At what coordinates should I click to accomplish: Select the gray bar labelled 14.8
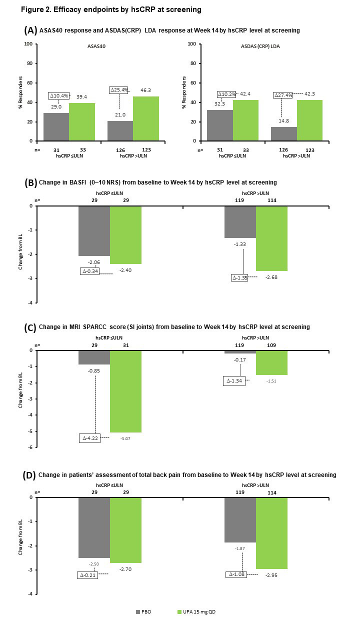pos(283,134)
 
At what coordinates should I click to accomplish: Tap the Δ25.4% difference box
pos(119,90)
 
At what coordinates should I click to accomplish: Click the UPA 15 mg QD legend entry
pos(197,611)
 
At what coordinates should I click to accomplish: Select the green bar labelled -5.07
pos(125,391)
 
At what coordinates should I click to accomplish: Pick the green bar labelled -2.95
pos(271,533)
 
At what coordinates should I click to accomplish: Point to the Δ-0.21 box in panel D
pos(88,575)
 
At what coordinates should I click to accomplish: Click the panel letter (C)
pos(29,328)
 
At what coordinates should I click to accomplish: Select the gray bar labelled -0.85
pos(94,357)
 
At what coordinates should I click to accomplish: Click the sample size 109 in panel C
pos(272,345)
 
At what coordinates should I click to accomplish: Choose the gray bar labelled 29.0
pos(56,127)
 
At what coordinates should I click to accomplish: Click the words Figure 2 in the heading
pos(34,9)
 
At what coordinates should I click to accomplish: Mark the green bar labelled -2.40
pos(125,234)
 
